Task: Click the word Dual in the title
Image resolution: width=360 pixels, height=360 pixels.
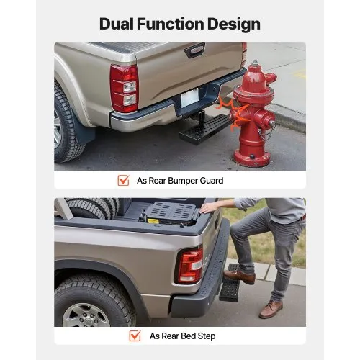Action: click(x=120, y=24)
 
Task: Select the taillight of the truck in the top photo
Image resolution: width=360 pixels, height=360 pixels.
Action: click(x=125, y=88)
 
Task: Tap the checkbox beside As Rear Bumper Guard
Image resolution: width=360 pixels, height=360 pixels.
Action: click(x=123, y=181)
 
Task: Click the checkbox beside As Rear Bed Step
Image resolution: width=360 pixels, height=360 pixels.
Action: click(x=135, y=336)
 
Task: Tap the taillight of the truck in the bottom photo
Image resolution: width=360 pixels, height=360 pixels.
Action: click(x=189, y=264)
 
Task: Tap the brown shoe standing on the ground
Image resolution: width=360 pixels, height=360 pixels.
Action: click(x=271, y=309)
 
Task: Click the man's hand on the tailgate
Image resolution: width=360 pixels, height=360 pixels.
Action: click(x=209, y=207)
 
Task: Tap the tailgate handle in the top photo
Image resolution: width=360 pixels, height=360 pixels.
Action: click(x=194, y=50)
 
